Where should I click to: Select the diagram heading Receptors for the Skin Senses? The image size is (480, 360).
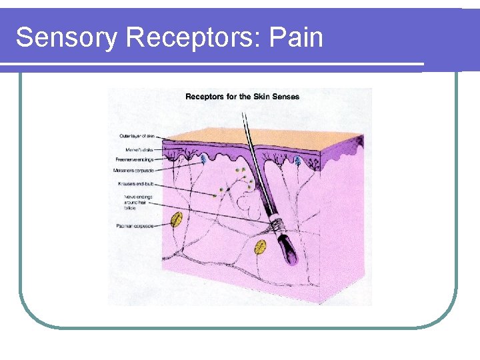pos(242,97)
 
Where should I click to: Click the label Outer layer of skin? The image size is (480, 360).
pos(137,135)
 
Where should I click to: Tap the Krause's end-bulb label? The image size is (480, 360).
pos(136,183)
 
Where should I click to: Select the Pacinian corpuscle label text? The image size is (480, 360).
pos(134,226)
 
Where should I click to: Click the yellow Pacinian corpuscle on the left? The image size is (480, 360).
pos(177,219)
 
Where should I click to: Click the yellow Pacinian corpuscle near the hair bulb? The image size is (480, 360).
pos(261,248)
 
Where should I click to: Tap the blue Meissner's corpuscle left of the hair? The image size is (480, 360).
pos(195,160)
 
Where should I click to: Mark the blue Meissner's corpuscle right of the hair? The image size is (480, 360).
pos(298,161)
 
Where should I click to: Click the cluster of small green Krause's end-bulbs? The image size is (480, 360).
pos(241,179)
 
